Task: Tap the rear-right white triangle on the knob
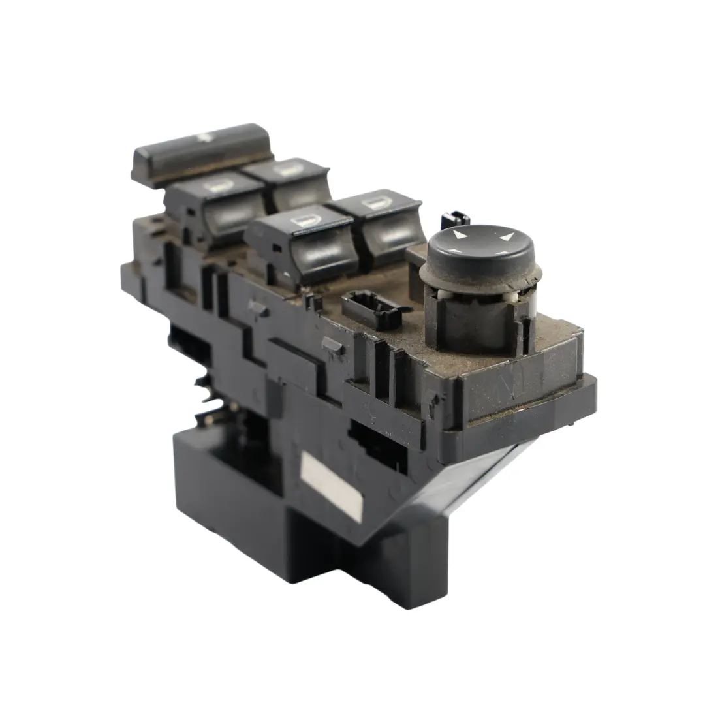507,234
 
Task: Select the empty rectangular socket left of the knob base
373,307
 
